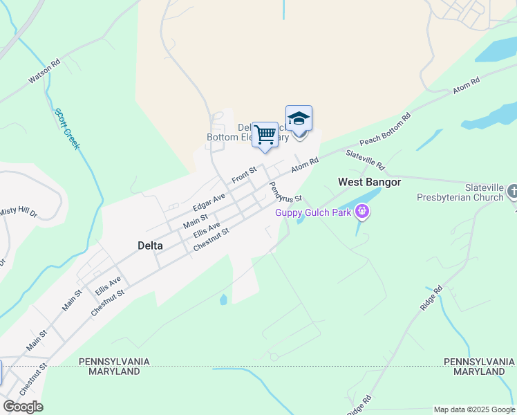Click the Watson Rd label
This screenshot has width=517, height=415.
44,71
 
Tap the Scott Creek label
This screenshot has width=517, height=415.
68,129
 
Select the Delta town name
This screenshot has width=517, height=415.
150,246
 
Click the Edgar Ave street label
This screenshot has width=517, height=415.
209,202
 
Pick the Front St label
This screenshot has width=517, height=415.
244,175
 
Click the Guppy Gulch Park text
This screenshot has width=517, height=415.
313,212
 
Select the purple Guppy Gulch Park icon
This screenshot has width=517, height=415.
361,212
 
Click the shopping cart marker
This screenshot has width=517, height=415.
265,135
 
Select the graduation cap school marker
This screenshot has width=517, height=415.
299,119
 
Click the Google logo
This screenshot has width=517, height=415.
22,407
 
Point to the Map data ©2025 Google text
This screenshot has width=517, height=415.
474,409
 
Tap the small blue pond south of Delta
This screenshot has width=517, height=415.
223,300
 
